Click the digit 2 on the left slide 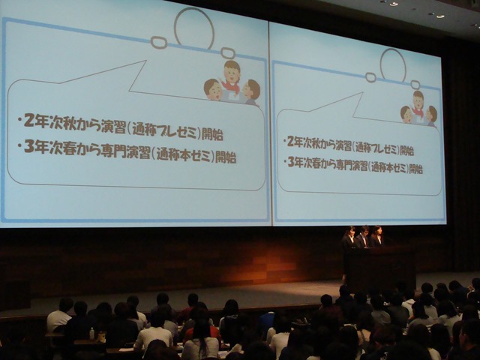pos(28,121)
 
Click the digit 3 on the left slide pos(29,147)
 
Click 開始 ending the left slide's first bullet pos(212,134)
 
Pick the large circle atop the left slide pos(194,28)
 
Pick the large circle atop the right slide pos(393,65)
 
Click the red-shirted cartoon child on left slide pos(231,76)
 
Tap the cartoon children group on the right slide pos(418,108)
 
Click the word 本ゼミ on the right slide pos(397,168)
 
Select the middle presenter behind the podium pos(363,236)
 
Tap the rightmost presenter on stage pos(376,236)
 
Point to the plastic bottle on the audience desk pos(91,333)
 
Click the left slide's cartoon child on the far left pos(213,89)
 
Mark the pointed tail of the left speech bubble pos(145,61)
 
